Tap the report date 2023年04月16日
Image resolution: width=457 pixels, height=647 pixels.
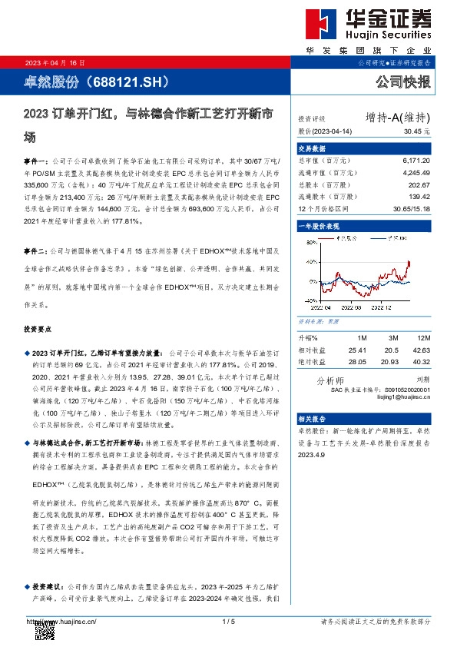55,63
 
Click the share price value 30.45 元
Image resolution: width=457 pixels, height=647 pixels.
416,131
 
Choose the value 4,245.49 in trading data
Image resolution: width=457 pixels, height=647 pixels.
416,173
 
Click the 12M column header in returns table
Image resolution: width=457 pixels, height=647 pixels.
422,337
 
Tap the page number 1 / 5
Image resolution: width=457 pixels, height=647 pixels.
227,621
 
